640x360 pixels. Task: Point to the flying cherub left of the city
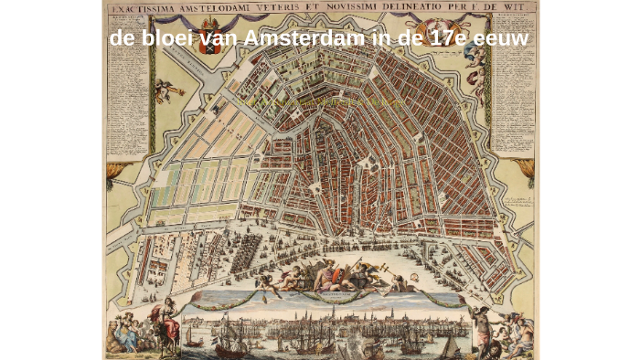(x=165, y=90)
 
